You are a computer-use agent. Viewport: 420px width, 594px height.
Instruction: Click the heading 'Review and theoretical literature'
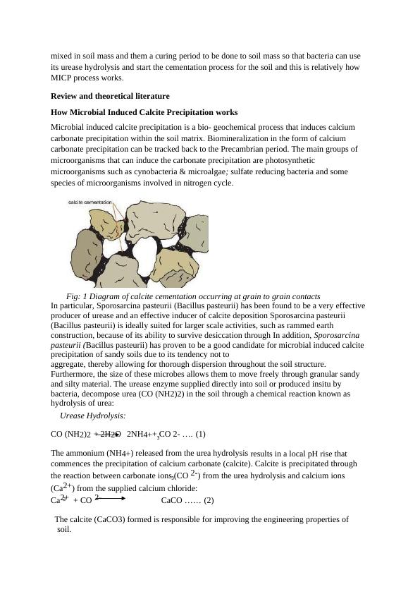click(110, 95)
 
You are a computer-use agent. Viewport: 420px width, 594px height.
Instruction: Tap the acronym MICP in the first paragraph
click(63, 78)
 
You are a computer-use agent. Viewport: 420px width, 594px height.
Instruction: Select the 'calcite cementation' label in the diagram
click(90, 202)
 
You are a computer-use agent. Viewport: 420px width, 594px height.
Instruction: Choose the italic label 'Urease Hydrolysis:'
click(93, 416)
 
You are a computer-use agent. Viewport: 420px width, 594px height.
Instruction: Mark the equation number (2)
click(209, 501)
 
